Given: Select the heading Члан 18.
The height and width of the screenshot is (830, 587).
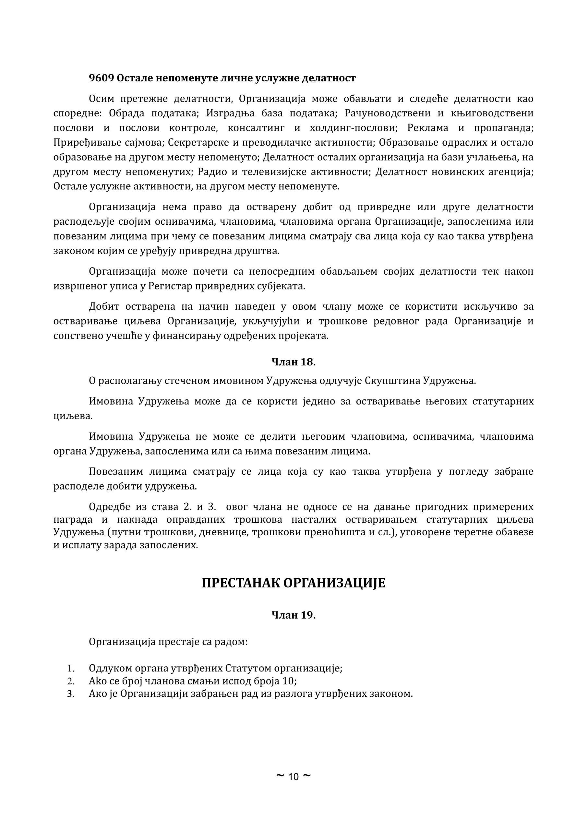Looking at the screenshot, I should pos(293,362).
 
